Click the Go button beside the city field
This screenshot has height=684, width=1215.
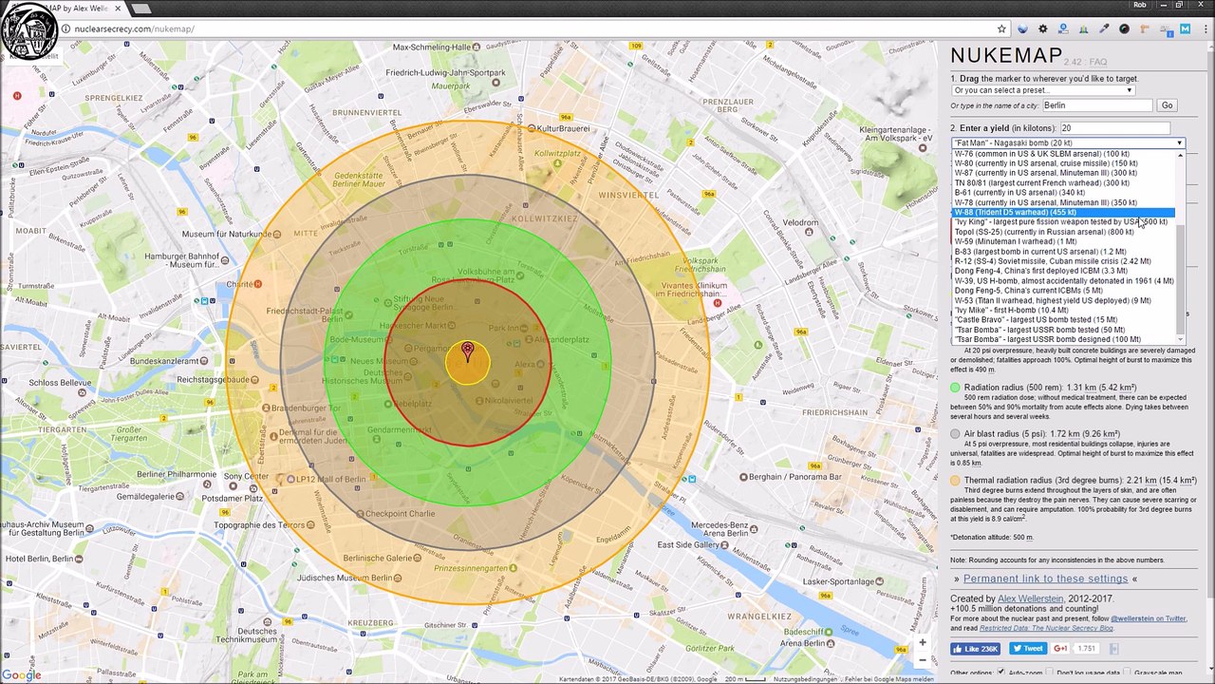coord(1167,105)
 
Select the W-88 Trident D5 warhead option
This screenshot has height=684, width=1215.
coord(1016,212)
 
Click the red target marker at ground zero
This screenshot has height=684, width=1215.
coord(467,351)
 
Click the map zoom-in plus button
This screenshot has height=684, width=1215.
coord(922,642)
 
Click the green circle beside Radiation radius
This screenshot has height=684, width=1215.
coord(956,388)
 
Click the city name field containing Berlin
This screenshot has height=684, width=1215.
coord(1096,105)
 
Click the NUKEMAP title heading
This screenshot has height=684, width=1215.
coord(1005,56)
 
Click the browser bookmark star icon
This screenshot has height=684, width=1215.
coord(1001,28)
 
